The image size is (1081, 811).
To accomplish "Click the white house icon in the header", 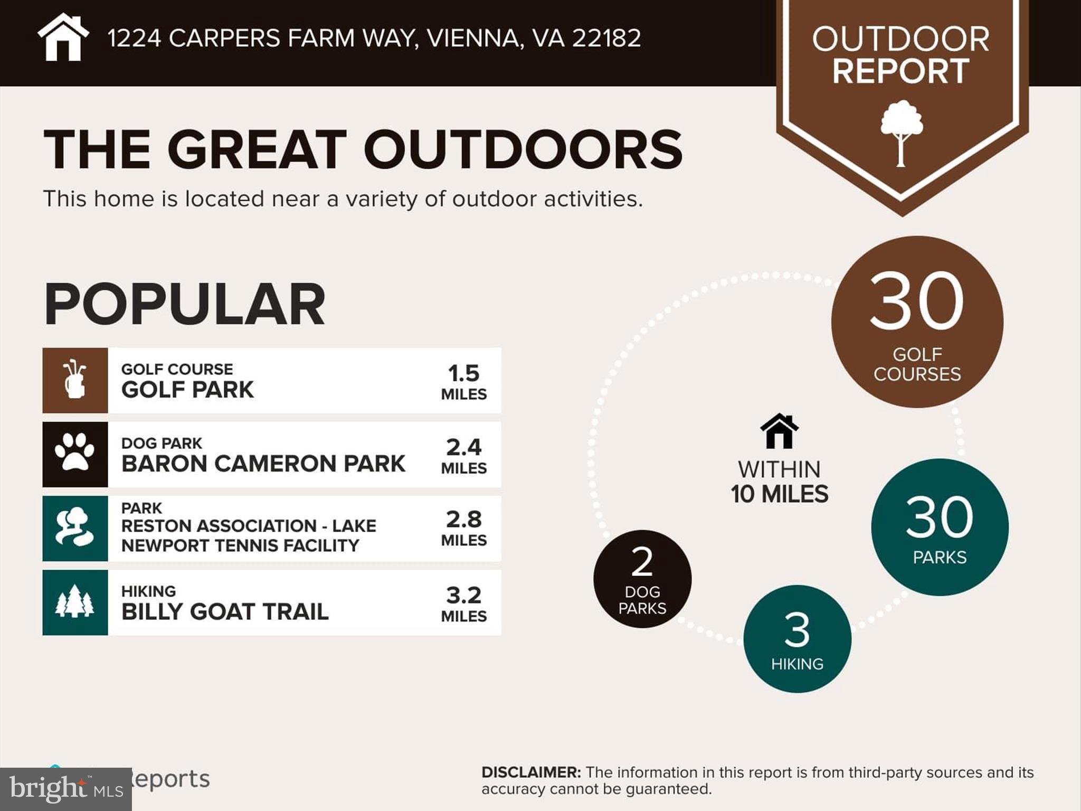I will pyautogui.click(x=63, y=37).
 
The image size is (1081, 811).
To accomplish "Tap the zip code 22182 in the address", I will pyautogui.click(x=606, y=38).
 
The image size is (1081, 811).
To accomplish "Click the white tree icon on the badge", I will pyautogui.click(x=902, y=133).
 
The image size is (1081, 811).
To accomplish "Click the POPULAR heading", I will pyautogui.click(x=184, y=304).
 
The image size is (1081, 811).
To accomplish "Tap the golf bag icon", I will pyautogui.click(x=75, y=380).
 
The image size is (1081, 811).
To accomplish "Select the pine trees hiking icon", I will pyautogui.click(x=75, y=602).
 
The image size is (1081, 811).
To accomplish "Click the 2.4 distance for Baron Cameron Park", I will pyautogui.click(x=463, y=448).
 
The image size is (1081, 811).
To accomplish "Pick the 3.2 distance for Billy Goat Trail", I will pyautogui.click(x=463, y=596).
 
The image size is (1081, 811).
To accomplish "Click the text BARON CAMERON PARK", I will pyautogui.click(x=263, y=464).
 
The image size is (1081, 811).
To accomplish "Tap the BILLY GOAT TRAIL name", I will pyautogui.click(x=225, y=611).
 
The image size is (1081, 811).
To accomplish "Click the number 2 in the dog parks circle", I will pyautogui.click(x=642, y=562).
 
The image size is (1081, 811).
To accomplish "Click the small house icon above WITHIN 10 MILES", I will pyautogui.click(x=779, y=431).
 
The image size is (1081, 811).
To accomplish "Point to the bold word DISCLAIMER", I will pyautogui.click(x=531, y=772).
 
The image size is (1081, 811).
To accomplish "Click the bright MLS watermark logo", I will pyautogui.click(x=65, y=789).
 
